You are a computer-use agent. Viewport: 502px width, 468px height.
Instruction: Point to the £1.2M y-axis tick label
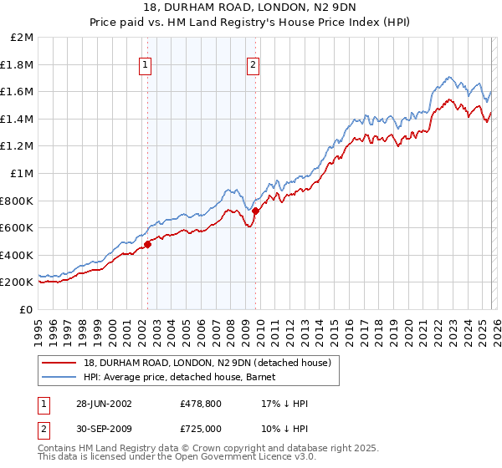tap(19, 146)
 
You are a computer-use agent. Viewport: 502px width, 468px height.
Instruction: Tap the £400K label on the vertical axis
tap(19, 255)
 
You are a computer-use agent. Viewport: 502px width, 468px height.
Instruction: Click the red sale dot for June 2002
tap(148, 244)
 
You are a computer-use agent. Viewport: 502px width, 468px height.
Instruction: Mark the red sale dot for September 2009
tap(255, 211)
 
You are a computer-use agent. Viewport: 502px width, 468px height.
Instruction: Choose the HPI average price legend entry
tap(185, 377)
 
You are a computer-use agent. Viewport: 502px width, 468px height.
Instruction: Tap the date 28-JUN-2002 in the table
tap(103, 404)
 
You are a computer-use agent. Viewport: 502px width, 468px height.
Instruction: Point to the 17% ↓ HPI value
tap(284, 404)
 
